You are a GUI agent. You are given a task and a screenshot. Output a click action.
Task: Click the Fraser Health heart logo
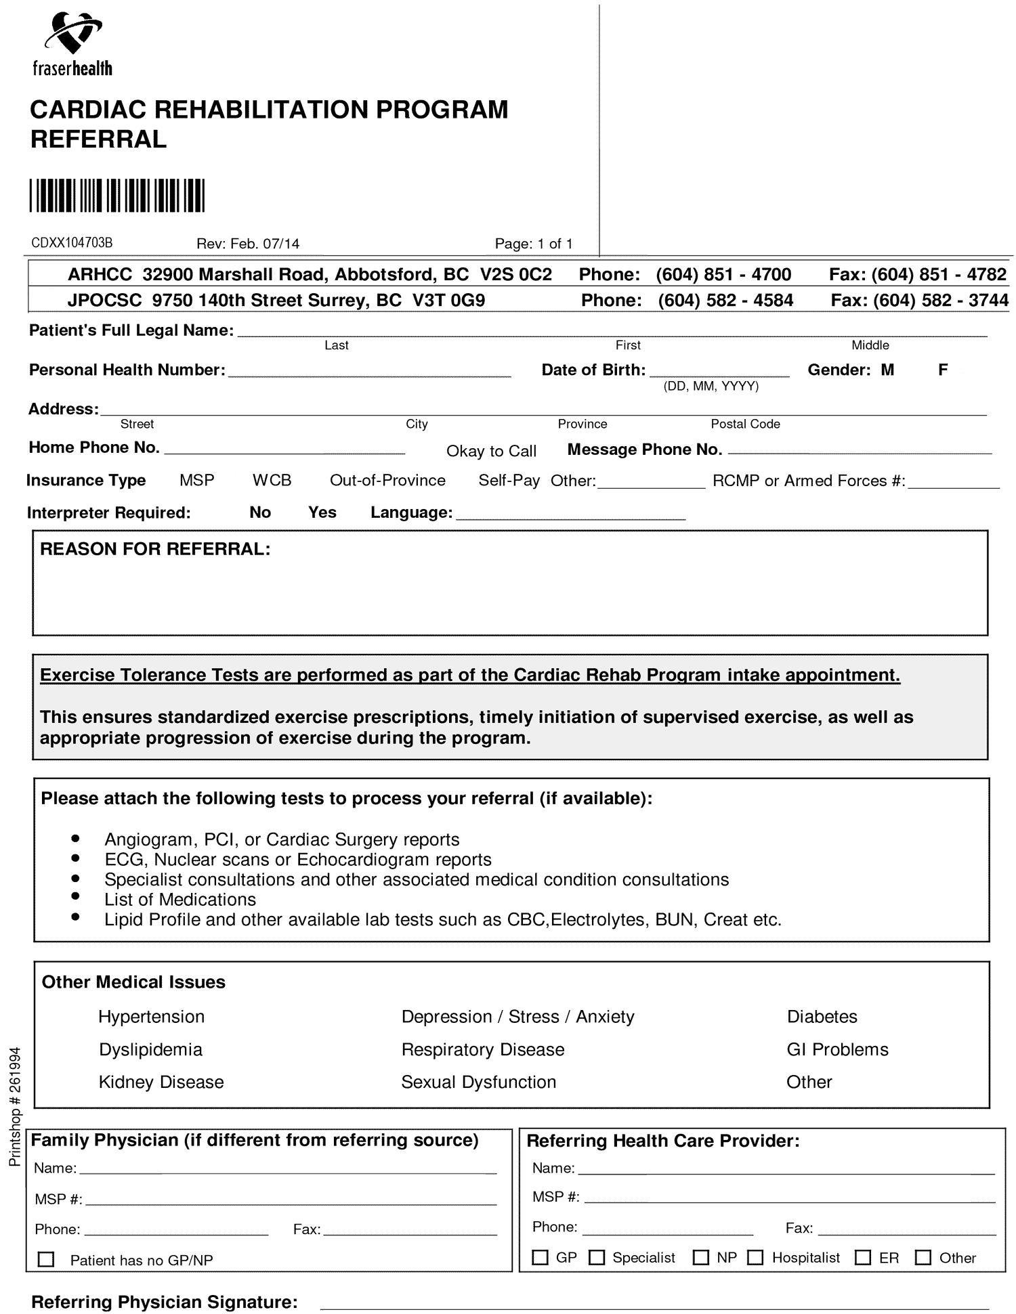(72, 34)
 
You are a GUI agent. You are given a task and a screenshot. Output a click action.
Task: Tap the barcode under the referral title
(117, 196)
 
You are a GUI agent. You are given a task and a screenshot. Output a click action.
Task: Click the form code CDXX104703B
(72, 243)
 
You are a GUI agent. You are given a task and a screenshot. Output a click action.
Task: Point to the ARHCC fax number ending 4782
(939, 274)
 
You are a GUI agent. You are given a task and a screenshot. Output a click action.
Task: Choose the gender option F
(942, 370)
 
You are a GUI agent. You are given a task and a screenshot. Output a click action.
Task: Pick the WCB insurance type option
(272, 480)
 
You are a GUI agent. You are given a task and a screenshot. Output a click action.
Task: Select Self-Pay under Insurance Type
(509, 480)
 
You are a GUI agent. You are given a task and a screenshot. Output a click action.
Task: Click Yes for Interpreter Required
(322, 512)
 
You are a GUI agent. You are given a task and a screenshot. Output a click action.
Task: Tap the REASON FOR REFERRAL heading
(155, 549)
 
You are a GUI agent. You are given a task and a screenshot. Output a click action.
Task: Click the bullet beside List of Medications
(75, 898)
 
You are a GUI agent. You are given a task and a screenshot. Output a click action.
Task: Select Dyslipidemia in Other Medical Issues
(150, 1049)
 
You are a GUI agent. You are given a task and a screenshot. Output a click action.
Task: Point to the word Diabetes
(822, 1016)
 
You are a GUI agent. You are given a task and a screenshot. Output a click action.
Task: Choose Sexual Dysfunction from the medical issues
(478, 1082)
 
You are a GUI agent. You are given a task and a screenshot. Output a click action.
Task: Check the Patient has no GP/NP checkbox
(46, 1259)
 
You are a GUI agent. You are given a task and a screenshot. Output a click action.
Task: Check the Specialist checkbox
(596, 1257)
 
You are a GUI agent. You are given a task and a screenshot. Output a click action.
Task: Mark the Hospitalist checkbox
(755, 1257)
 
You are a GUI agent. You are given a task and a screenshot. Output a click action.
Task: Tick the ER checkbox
(862, 1257)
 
